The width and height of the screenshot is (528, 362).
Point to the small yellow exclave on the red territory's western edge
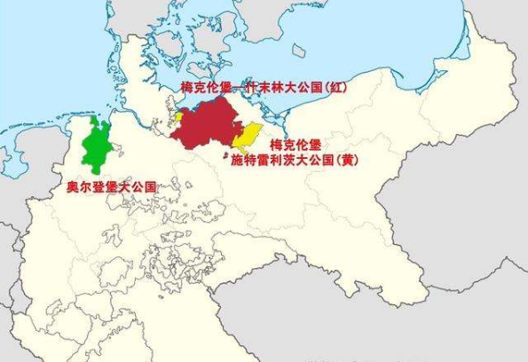click(179, 116)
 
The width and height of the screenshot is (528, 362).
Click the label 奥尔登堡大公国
click(112, 187)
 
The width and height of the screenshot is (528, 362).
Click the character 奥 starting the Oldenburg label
click(74, 187)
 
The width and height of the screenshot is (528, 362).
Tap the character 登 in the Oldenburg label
click(99, 187)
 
